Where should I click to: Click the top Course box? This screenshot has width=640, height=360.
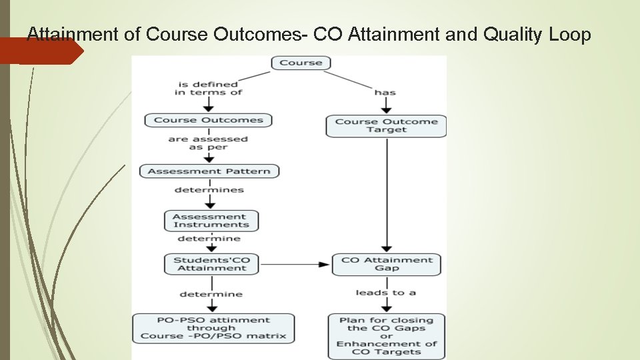tap(301, 63)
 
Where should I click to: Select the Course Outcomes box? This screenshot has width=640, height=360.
tap(208, 121)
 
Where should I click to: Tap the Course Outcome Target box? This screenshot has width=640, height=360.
tap(386, 125)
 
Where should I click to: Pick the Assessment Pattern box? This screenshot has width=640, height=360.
tap(209, 171)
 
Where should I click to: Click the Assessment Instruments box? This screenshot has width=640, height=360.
tap(211, 221)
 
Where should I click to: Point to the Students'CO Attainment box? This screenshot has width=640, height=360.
tap(211, 264)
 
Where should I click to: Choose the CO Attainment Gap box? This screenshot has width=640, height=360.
tap(387, 264)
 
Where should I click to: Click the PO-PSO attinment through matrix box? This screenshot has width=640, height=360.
tap(213, 328)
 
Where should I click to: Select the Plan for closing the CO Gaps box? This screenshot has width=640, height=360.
tap(387, 336)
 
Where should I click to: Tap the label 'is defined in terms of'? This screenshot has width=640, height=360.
tap(208, 88)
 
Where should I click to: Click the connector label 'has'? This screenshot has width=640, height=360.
tap(385, 92)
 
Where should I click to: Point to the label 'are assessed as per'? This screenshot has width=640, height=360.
tap(208, 143)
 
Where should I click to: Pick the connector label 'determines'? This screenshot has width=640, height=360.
tap(209, 190)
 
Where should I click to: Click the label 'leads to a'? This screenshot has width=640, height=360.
tap(386, 293)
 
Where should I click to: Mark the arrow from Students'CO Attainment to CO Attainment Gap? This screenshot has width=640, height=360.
tap(293, 265)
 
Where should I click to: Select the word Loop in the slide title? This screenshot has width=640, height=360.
tap(570, 35)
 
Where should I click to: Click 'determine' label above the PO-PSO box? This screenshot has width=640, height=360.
tap(211, 294)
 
